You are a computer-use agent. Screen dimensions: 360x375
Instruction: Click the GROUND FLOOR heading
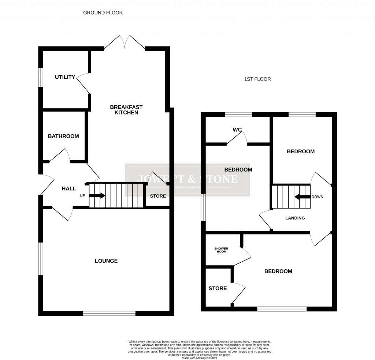[x=103, y=13]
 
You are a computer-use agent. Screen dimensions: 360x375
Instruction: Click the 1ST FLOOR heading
[x=257, y=79]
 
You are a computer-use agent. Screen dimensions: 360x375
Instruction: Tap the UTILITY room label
[x=65, y=77]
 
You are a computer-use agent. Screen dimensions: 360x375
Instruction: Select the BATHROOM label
[x=63, y=136]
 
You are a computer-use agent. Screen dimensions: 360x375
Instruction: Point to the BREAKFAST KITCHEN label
[x=126, y=110]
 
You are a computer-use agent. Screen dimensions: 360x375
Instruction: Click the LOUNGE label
[x=106, y=261]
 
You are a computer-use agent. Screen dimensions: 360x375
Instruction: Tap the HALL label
[x=69, y=189]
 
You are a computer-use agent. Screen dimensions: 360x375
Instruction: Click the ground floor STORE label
[x=158, y=196]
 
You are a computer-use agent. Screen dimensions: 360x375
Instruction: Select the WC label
[x=238, y=130]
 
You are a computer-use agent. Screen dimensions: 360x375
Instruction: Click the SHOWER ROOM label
[x=221, y=250]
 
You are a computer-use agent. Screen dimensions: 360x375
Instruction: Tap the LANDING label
[x=295, y=218]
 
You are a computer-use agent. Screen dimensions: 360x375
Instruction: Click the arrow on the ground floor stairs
[x=97, y=196]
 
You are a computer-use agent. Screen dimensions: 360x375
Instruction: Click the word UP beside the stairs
[x=82, y=196]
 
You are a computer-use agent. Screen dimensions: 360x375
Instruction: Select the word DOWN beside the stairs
[x=318, y=197]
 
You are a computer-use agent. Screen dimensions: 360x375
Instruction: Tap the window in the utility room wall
[x=41, y=77]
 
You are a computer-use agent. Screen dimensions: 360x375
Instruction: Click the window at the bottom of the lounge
[x=109, y=313]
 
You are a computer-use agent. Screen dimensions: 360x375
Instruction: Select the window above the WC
[x=238, y=115]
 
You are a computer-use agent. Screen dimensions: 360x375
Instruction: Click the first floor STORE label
[x=218, y=289]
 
